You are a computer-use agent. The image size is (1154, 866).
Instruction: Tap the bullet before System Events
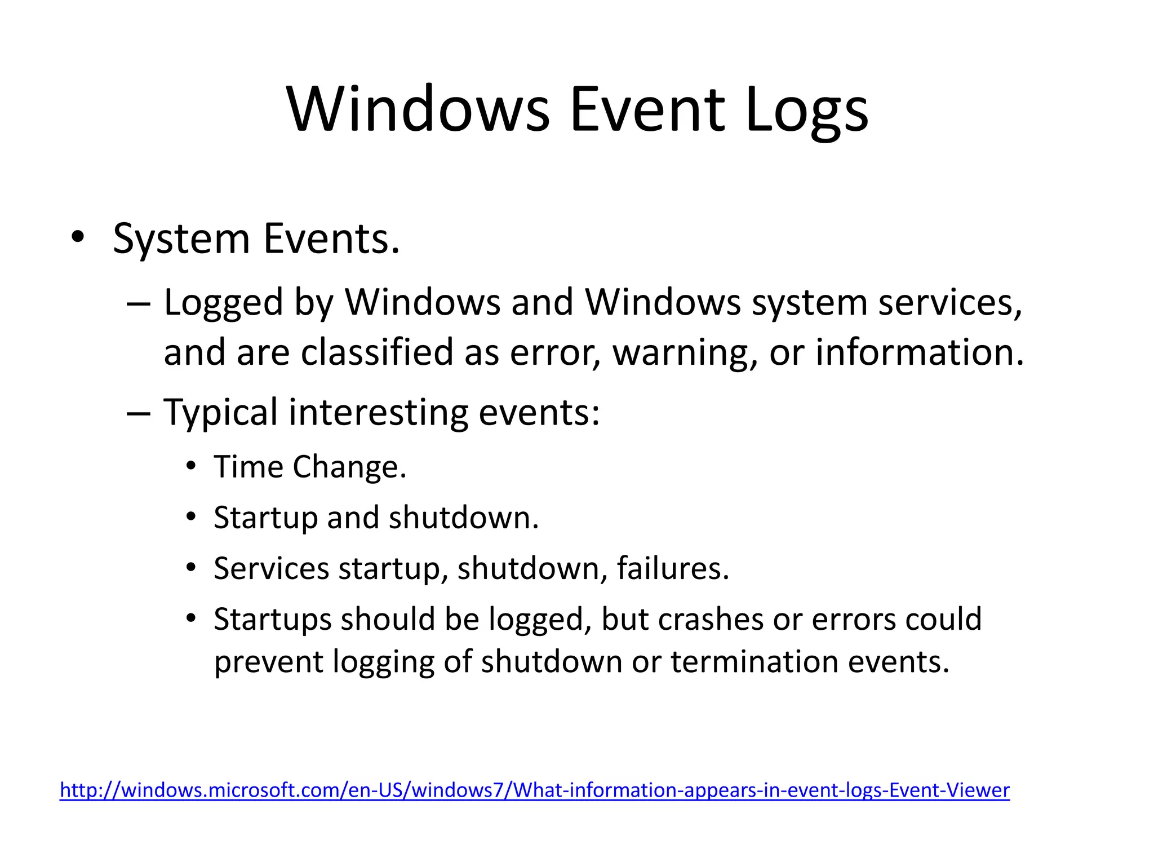pos(78,236)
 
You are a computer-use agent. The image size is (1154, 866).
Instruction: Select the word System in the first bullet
pos(181,239)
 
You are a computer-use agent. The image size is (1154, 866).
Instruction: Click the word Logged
pos(223,303)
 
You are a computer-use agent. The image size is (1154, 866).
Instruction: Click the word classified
pos(377,352)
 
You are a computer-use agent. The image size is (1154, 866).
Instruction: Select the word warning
pos(684,352)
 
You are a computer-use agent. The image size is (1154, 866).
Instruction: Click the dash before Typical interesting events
pos(138,413)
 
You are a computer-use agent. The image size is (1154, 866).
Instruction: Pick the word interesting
pos(378,413)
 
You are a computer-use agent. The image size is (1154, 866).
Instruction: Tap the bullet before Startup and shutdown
pos(191,517)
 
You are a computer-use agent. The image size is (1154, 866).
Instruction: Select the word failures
pos(672,568)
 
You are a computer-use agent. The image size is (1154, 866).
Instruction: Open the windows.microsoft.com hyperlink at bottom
pos(534,790)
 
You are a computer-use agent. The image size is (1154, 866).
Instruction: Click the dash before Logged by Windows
pos(138,303)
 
